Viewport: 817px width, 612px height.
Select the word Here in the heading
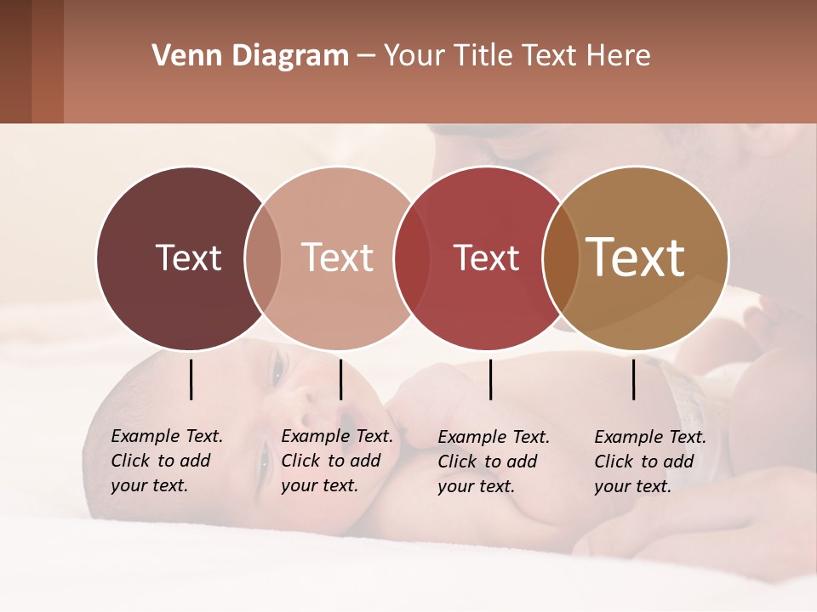(x=620, y=56)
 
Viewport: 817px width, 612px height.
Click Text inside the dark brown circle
(x=188, y=258)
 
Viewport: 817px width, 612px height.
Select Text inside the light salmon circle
(x=337, y=258)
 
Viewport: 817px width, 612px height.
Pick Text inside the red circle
(x=486, y=258)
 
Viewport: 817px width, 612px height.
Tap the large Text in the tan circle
(x=635, y=258)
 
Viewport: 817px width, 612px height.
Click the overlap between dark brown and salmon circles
(x=263, y=258)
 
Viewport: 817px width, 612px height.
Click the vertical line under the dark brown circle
(x=191, y=379)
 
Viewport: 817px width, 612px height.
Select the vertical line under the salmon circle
(x=340, y=379)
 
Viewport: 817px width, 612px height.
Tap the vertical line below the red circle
(x=490, y=379)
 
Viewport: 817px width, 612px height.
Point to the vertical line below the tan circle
(x=633, y=379)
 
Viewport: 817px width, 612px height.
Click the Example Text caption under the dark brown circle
(x=166, y=461)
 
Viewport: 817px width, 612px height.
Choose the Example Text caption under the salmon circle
(x=336, y=461)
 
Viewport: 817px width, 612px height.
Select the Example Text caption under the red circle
(x=493, y=462)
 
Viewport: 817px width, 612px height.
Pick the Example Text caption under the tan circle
(x=649, y=462)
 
